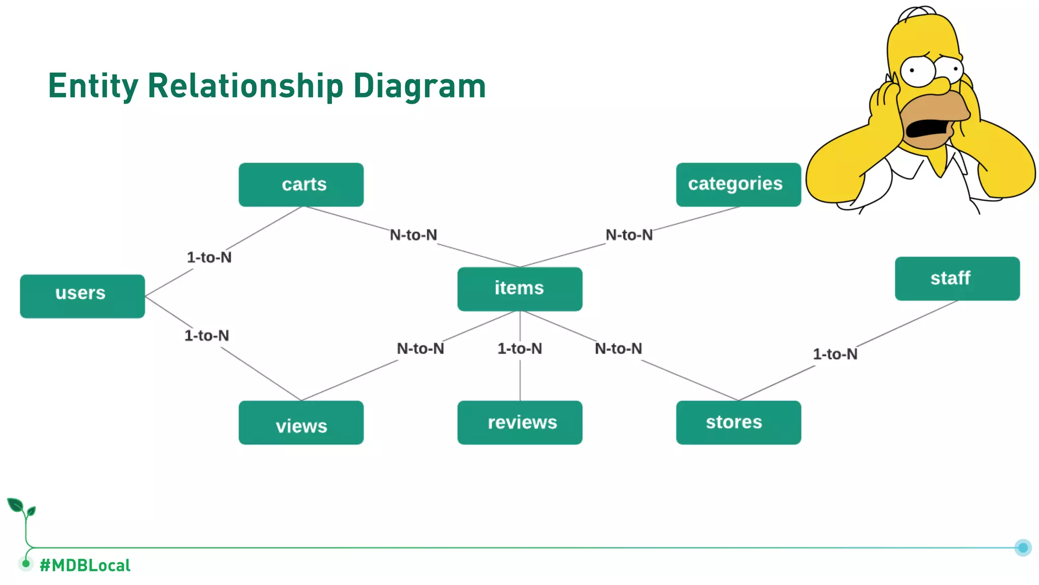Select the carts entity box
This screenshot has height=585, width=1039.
coord(301,184)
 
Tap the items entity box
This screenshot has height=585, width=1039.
coord(519,288)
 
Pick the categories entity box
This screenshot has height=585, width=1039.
coord(738,184)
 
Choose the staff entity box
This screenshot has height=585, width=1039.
coord(957,278)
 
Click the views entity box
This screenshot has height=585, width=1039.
coord(301,422)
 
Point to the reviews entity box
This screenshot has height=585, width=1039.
coord(519,422)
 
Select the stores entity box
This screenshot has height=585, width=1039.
coord(738,422)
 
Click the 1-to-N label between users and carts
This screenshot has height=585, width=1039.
coord(209,257)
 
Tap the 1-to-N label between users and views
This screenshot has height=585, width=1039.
coord(206,336)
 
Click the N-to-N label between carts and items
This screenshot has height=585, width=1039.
coord(413,235)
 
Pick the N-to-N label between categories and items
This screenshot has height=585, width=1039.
coord(629,235)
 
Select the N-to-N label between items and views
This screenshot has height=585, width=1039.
coord(420,349)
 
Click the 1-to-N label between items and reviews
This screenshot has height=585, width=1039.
coord(519,349)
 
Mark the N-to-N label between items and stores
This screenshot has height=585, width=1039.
coord(618,349)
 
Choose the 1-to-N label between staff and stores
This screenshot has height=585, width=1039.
coord(835,354)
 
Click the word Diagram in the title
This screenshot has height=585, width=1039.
coord(419,86)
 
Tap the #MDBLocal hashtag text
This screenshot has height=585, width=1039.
coord(85,565)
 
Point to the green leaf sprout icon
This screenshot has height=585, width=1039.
coord(21,508)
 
